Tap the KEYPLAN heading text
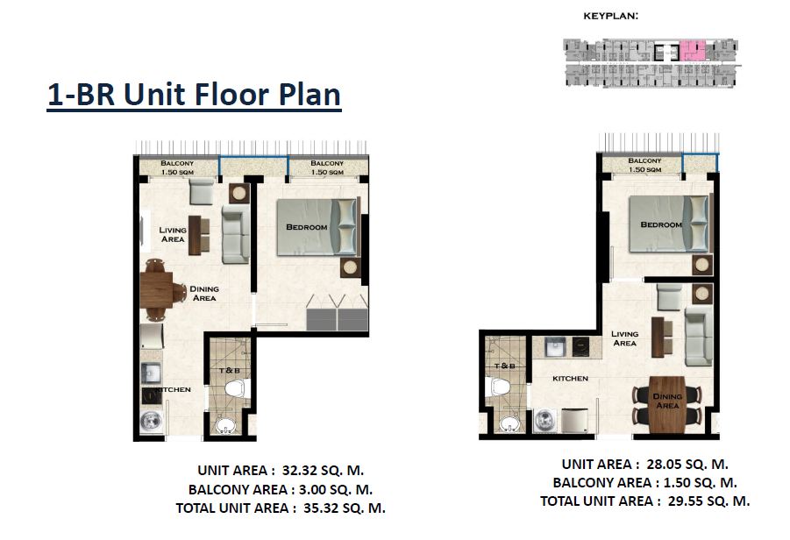click(x=610, y=16)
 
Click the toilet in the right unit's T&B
click(x=498, y=387)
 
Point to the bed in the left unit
click(x=317, y=227)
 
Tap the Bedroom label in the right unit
click(x=661, y=224)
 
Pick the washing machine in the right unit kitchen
click(x=545, y=420)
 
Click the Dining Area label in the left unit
click(x=204, y=293)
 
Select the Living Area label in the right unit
click(x=625, y=338)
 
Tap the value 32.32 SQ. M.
click(x=323, y=471)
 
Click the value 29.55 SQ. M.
click(x=708, y=501)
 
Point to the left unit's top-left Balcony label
click(x=177, y=167)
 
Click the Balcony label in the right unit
click(x=645, y=165)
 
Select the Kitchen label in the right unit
click(x=570, y=379)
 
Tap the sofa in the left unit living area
click(x=236, y=234)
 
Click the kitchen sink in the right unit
click(x=556, y=347)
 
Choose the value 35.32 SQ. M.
click(x=344, y=508)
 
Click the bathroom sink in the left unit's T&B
click(x=225, y=424)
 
